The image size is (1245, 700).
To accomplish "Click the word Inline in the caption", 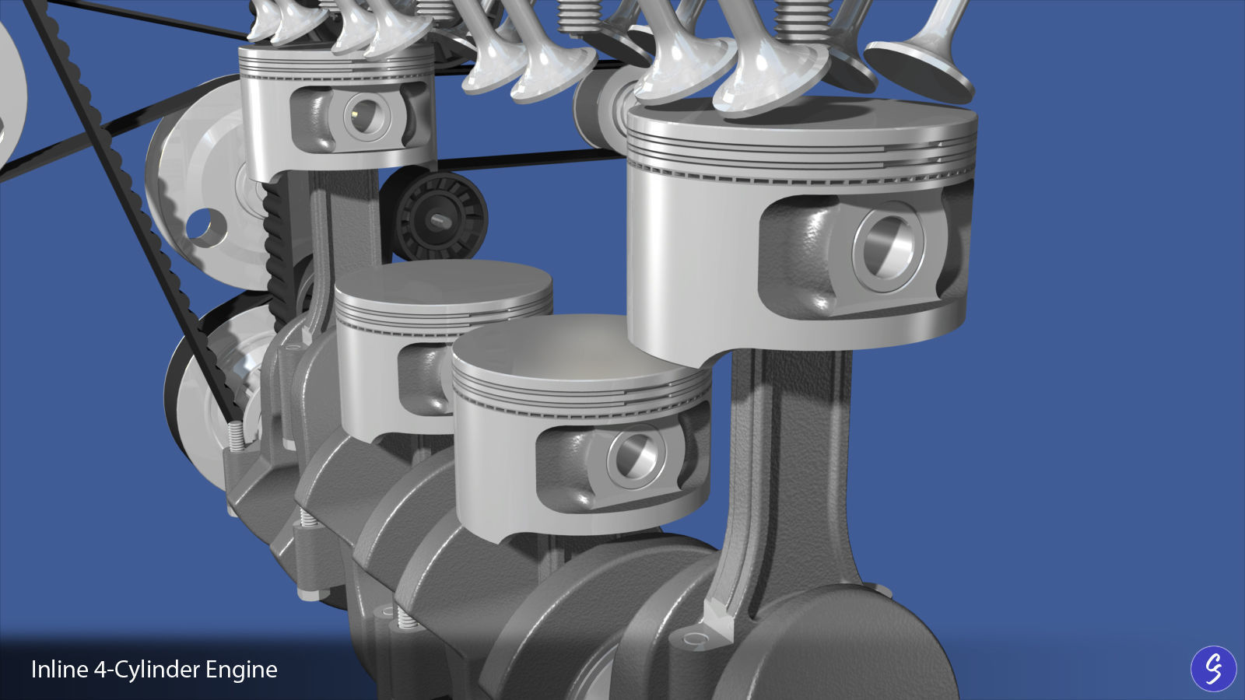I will [58, 670].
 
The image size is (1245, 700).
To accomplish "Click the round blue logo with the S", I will [1213, 668].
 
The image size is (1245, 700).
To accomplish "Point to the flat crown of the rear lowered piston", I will [444, 288].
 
